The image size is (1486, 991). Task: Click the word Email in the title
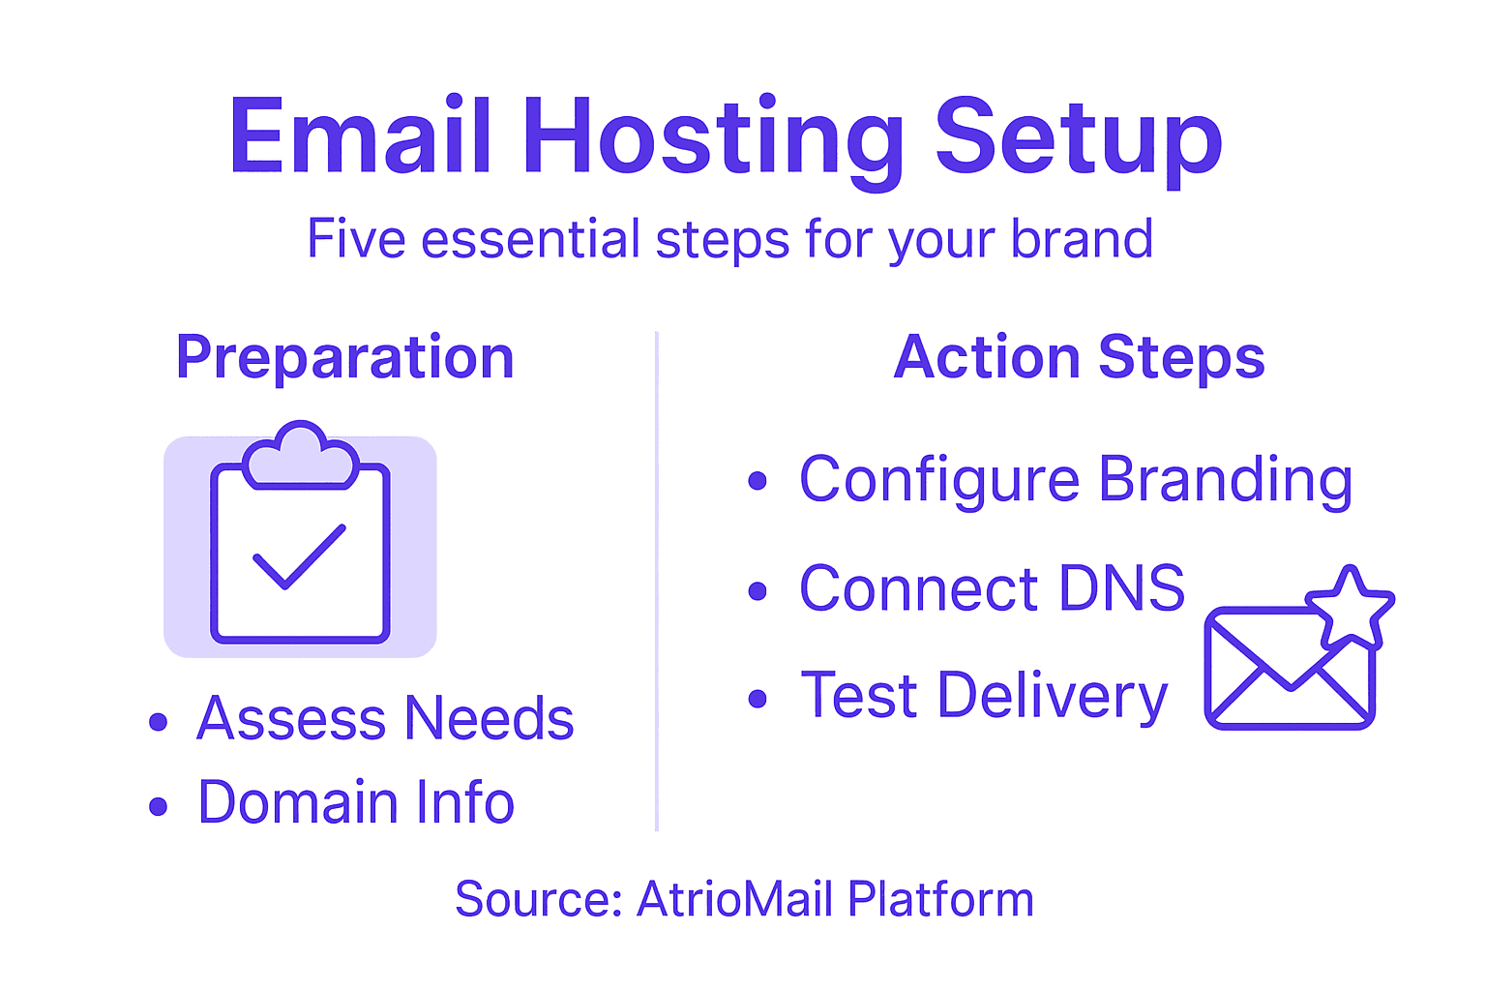pyautogui.click(x=360, y=137)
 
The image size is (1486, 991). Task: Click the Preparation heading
pyautogui.click(x=344, y=358)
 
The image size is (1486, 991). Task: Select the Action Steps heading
pyautogui.click(x=1079, y=358)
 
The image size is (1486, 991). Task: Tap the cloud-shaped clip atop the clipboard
pyautogui.click(x=300, y=453)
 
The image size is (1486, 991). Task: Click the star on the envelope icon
pyautogui.click(x=1350, y=608)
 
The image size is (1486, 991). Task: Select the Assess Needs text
pyautogui.click(x=385, y=719)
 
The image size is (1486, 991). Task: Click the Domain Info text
pyautogui.click(x=356, y=803)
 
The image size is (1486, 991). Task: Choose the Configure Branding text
pyautogui.click(x=1076, y=480)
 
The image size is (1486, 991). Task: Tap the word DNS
pyautogui.click(x=1122, y=588)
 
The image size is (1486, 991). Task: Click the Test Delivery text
pyautogui.click(x=985, y=696)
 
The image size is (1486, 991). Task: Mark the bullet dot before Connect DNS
pyautogui.click(x=758, y=591)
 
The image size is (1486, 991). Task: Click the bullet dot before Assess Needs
pyautogui.click(x=159, y=722)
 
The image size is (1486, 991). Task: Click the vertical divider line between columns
pyautogui.click(x=657, y=581)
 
